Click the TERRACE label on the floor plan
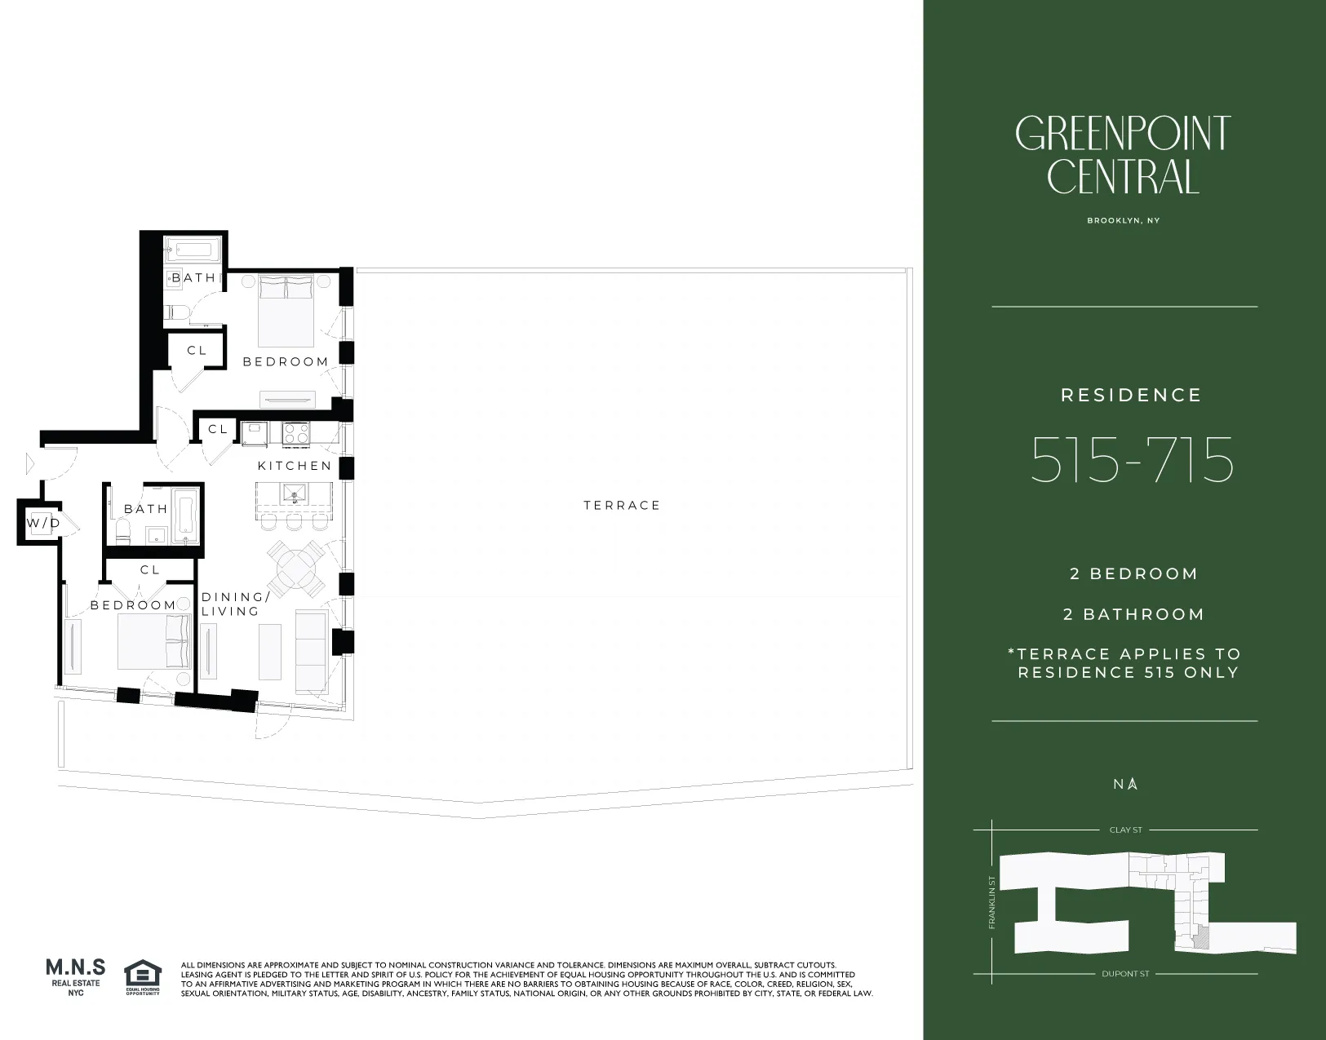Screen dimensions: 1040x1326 (x=622, y=506)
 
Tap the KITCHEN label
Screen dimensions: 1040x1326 (x=295, y=466)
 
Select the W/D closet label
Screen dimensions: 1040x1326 (x=43, y=523)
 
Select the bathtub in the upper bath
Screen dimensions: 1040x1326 (x=193, y=249)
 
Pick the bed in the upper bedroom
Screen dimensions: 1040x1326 (x=286, y=310)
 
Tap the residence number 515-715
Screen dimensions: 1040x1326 (x=1132, y=461)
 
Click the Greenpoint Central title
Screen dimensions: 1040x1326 (x=1123, y=155)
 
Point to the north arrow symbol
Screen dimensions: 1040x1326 (x=1132, y=784)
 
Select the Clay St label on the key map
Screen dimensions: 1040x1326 (x=1125, y=830)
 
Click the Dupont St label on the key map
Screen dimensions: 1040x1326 (x=1125, y=974)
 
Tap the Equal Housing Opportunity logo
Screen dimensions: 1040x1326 (x=143, y=977)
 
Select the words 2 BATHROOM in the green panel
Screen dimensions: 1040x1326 (x=1133, y=615)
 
